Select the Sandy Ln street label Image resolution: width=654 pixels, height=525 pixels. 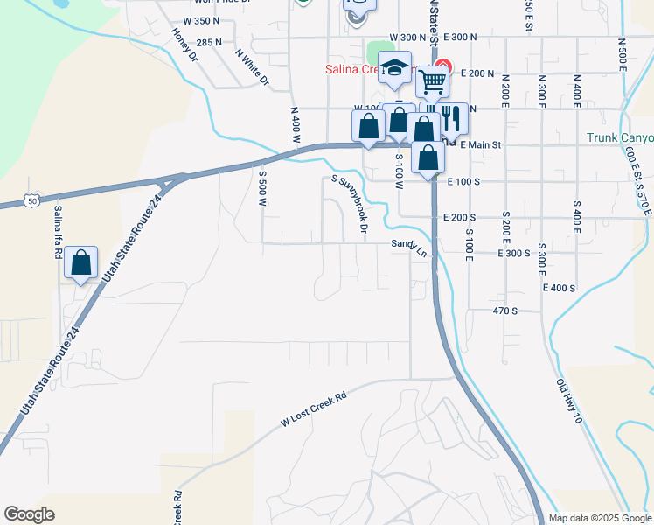pos(408,248)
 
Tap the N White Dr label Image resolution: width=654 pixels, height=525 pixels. pos(252,67)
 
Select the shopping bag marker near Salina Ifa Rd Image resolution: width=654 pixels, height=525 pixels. pos(80,262)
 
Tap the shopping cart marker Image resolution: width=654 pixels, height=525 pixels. pos(432,81)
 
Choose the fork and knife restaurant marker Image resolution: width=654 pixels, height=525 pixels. pos(451,117)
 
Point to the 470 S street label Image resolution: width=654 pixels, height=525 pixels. pos(505,311)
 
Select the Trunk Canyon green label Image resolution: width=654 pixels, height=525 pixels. pos(620,137)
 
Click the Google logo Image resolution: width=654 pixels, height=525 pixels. pos(29,514)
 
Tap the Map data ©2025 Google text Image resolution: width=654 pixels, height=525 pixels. pos(600,518)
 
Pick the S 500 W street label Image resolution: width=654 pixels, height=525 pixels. pos(261,188)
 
